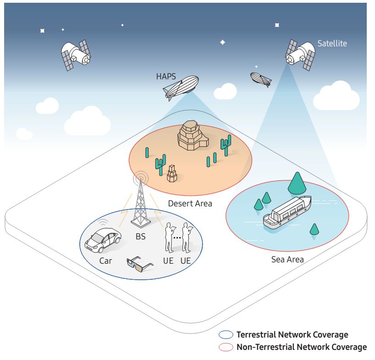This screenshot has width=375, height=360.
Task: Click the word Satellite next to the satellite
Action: [x=332, y=44]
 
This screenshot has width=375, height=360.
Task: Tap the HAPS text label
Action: [x=166, y=77]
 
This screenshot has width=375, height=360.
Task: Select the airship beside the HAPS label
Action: [x=181, y=88]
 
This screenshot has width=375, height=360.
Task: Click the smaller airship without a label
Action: [x=261, y=79]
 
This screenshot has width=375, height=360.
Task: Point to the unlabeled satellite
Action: [x=76, y=55]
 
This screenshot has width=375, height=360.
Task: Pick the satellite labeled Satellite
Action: [x=300, y=55]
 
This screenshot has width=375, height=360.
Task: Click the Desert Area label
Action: [x=190, y=204]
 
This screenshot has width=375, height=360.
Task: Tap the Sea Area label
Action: [x=287, y=260]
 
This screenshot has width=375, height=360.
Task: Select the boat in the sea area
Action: [x=287, y=212]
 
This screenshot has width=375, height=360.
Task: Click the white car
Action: [x=103, y=240]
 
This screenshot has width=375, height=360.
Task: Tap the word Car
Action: [x=105, y=261]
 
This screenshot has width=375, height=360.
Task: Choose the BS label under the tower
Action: [x=141, y=237]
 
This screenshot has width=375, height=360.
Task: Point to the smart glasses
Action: [x=140, y=264]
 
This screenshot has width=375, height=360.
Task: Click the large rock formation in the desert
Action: [x=193, y=135]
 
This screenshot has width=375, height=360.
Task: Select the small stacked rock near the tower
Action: [x=172, y=173]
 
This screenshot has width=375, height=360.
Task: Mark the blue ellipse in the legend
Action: [x=226, y=335]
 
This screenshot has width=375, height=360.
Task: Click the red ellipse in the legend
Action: [x=226, y=347]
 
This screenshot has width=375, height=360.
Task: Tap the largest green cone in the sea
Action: [x=297, y=183]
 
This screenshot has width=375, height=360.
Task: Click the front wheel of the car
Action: [x=101, y=250]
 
